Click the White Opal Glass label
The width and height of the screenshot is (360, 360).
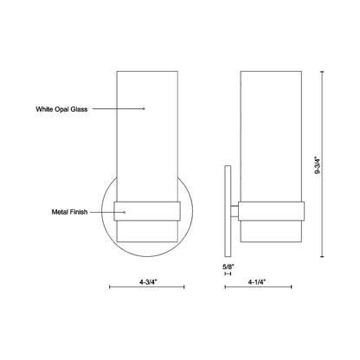[x=61, y=109]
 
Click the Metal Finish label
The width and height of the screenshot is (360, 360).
[x=69, y=212]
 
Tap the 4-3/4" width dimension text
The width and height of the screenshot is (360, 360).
[x=148, y=282]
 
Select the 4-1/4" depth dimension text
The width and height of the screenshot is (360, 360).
[x=257, y=282]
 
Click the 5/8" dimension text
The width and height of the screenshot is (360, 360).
[x=228, y=267]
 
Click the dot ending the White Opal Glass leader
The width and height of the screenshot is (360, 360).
[x=144, y=109]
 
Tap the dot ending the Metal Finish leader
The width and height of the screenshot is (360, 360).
[x=125, y=212]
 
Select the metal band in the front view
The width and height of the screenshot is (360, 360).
[x=147, y=211]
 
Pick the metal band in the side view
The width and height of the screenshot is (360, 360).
[x=271, y=211]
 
